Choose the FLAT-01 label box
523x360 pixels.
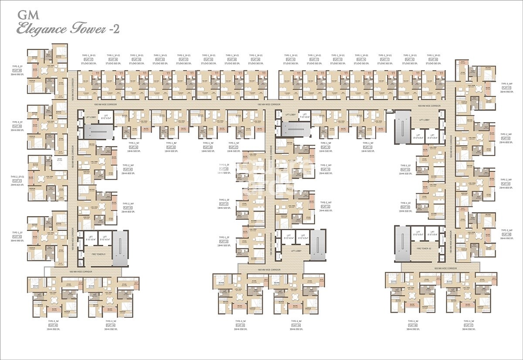tap(506, 88)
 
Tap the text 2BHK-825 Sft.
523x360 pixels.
tap(17, 185)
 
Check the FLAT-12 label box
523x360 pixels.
tap(367, 147)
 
